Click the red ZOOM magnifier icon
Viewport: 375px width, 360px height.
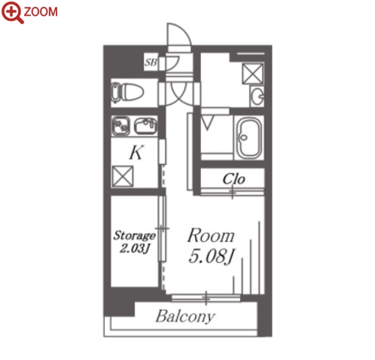coord(12,13)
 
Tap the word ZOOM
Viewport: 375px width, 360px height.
coord(41,12)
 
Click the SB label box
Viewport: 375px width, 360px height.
coord(151,62)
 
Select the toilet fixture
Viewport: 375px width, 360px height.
coord(127,93)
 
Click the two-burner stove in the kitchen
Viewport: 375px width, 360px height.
coord(120,126)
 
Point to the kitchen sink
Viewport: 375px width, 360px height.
coord(145,126)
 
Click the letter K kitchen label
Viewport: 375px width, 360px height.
coord(136,152)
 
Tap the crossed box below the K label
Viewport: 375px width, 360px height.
coord(123,176)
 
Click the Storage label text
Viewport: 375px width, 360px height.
coord(134,236)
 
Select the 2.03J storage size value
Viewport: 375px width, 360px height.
coord(135,249)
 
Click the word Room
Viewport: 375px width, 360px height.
coord(211,236)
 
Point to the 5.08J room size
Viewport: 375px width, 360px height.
coord(212,257)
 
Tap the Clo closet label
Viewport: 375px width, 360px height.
coord(233,179)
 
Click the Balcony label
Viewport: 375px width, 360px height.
coord(185,316)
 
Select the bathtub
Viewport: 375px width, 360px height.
coord(249,138)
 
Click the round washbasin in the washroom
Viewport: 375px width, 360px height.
coord(258,96)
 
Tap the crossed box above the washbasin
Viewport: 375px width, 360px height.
coord(252,74)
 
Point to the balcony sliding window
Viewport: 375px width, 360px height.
coord(206,298)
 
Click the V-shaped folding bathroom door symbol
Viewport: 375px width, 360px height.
coord(208,123)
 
